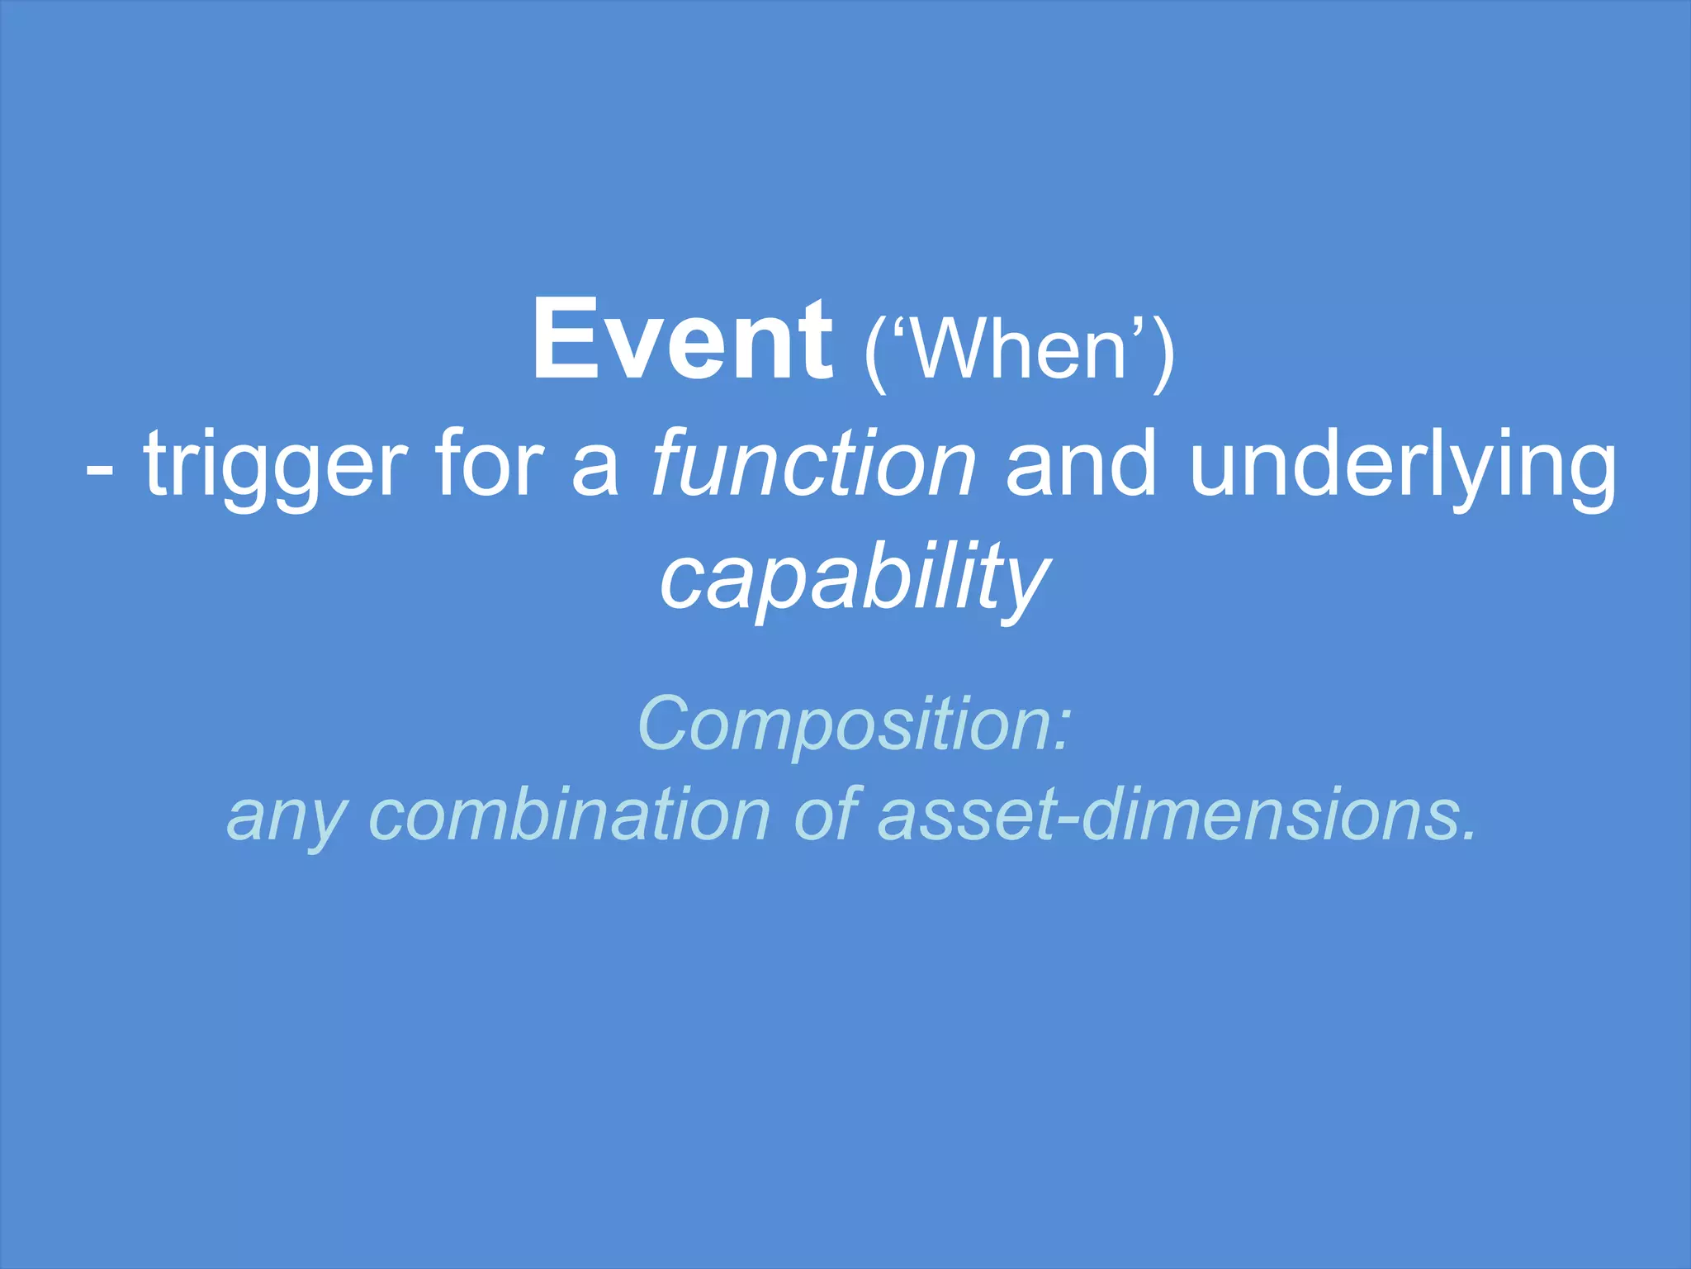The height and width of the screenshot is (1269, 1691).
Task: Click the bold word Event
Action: click(x=682, y=340)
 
